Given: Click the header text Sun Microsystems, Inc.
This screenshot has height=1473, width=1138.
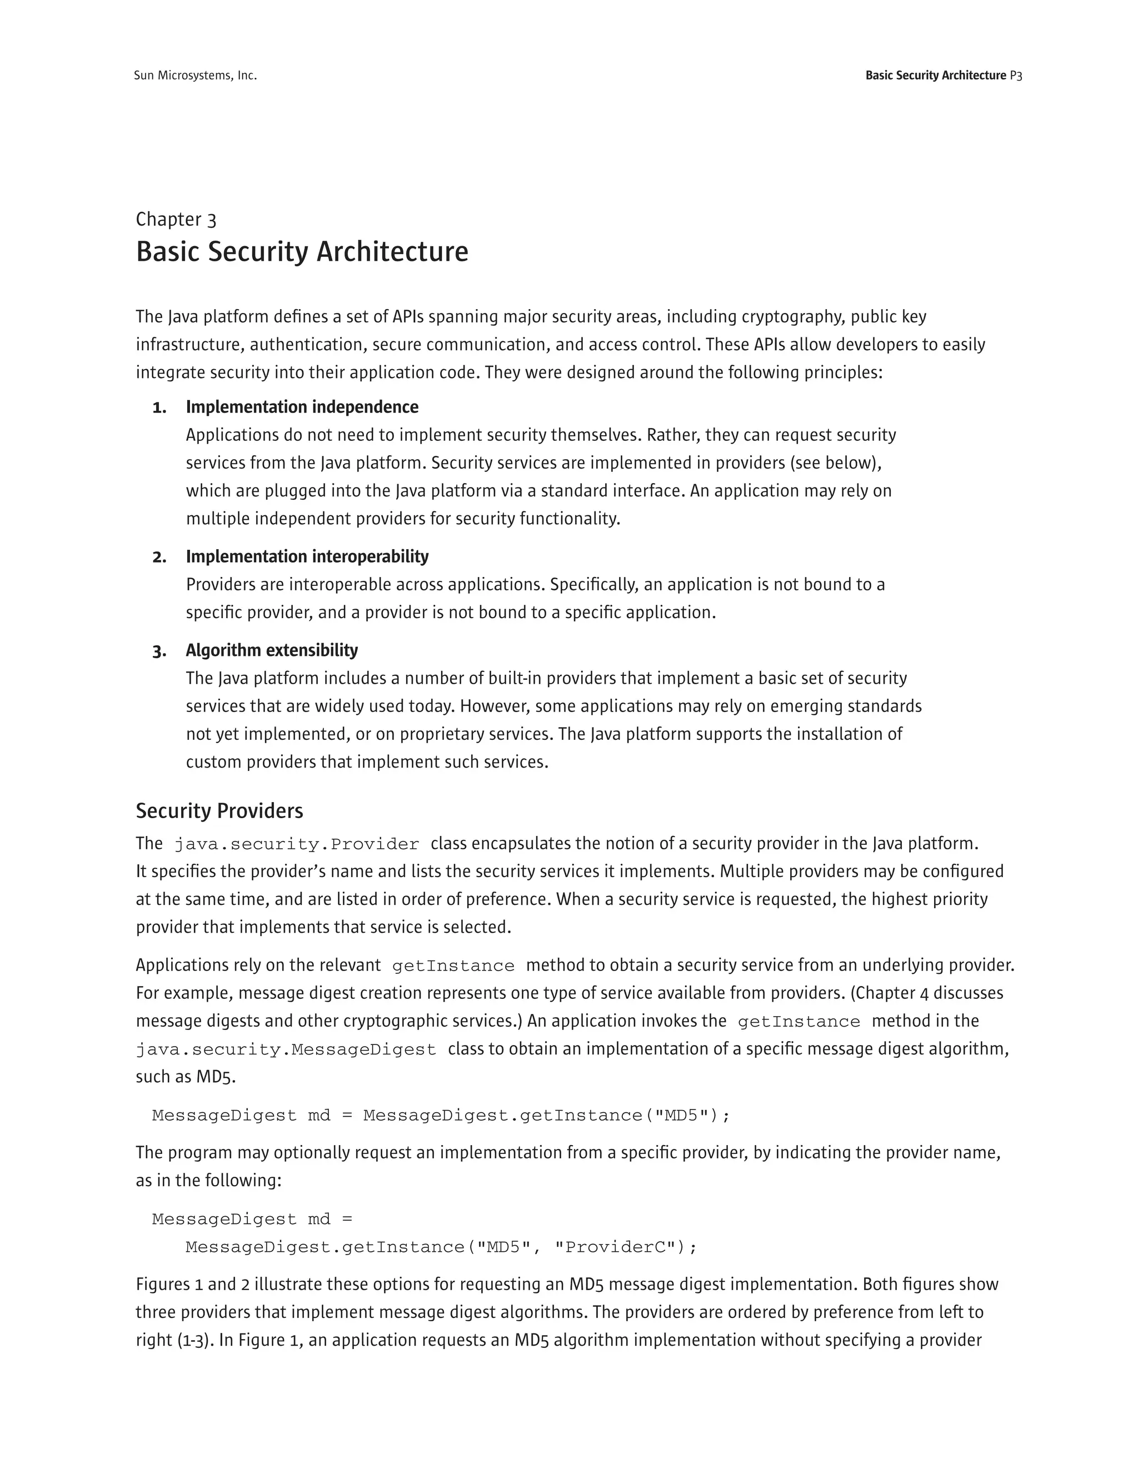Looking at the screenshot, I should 195,76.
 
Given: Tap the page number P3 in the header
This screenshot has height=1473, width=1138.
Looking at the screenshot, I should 1015,76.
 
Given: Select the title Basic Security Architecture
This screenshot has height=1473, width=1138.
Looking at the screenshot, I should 302,252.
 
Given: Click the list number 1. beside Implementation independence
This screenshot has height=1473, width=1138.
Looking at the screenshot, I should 159,407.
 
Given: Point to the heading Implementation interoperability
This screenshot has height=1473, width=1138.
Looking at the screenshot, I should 307,556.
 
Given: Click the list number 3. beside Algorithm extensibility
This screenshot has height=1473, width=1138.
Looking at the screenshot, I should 159,651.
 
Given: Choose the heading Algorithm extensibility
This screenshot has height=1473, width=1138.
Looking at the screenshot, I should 272,650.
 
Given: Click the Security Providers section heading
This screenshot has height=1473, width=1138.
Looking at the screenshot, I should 219,810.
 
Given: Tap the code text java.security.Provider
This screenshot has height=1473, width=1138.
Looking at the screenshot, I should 297,844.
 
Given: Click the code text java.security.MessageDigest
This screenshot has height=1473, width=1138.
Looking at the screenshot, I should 286,1050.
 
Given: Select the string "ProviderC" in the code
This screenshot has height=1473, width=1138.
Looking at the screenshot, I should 614,1247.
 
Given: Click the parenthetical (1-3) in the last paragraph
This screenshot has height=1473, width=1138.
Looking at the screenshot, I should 196,1340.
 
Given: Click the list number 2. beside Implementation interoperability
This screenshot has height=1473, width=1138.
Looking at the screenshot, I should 159,557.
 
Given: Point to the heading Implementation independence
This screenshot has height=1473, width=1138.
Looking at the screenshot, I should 302,407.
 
